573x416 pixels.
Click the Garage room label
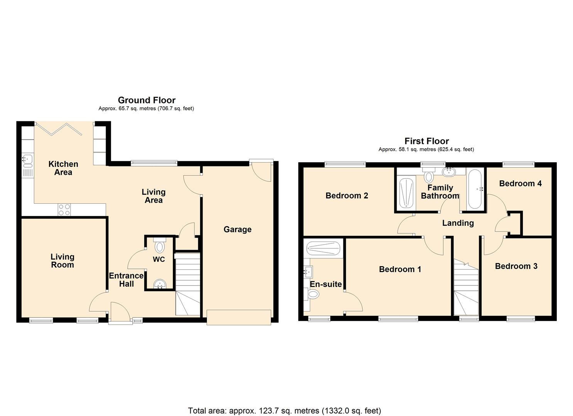(237, 230)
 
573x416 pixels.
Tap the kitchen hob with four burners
(64, 210)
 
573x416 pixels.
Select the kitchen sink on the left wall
(27, 158)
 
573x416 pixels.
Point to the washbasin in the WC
(159, 284)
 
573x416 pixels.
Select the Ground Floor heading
(147, 100)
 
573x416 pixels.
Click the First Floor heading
(426, 141)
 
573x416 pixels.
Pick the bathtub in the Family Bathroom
(475, 189)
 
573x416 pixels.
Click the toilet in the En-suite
(313, 295)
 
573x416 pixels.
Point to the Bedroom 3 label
(516, 266)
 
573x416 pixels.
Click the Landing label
(458, 223)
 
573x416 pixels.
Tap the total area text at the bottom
(284, 411)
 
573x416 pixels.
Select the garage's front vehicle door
(239, 317)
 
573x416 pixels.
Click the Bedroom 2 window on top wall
(345, 164)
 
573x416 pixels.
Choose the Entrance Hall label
(126, 280)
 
